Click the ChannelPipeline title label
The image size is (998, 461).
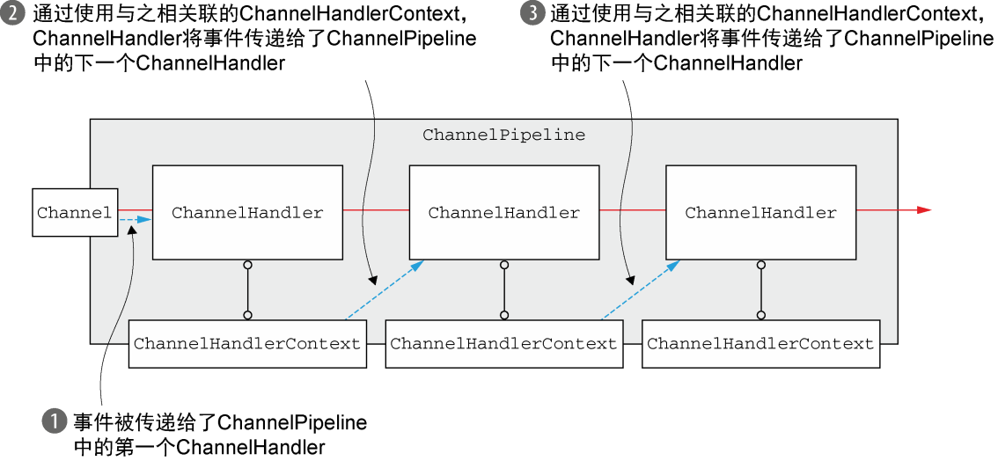[503, 135]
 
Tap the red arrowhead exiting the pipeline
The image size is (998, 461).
[924, 210]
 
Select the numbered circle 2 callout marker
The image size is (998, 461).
[12, 13]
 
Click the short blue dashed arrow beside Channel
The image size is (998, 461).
[136, 219]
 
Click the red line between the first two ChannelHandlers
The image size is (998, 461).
[376, 210]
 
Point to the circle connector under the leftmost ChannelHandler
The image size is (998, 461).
[247, 264]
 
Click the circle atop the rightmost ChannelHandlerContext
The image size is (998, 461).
[760, 315]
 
